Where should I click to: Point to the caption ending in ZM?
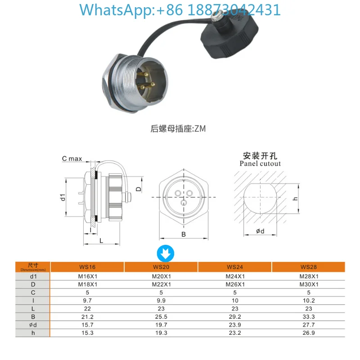coord(178,128)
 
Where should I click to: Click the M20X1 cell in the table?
coord(161,276)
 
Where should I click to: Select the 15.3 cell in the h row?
coord(87,333)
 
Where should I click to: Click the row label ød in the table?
coord(33,325)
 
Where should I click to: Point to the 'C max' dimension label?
coord(72,158)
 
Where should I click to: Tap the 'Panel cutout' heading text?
coord(260,163)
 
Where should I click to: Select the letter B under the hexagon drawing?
coord(184,234)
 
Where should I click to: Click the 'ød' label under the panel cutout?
coord(260,232)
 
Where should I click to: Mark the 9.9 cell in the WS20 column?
coord(161,301)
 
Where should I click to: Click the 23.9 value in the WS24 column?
coord(234,325)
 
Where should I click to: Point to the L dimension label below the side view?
coord(101,241)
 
